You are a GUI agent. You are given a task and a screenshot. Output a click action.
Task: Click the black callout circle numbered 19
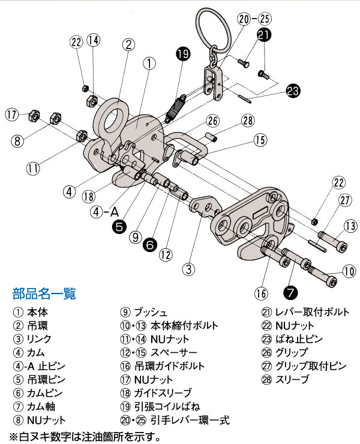(184, 55)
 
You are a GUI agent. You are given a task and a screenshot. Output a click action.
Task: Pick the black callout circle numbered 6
(150, 244)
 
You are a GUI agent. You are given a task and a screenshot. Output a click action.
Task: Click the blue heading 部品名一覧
(44, 294)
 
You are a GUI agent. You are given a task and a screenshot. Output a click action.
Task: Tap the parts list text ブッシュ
(151, 312)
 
